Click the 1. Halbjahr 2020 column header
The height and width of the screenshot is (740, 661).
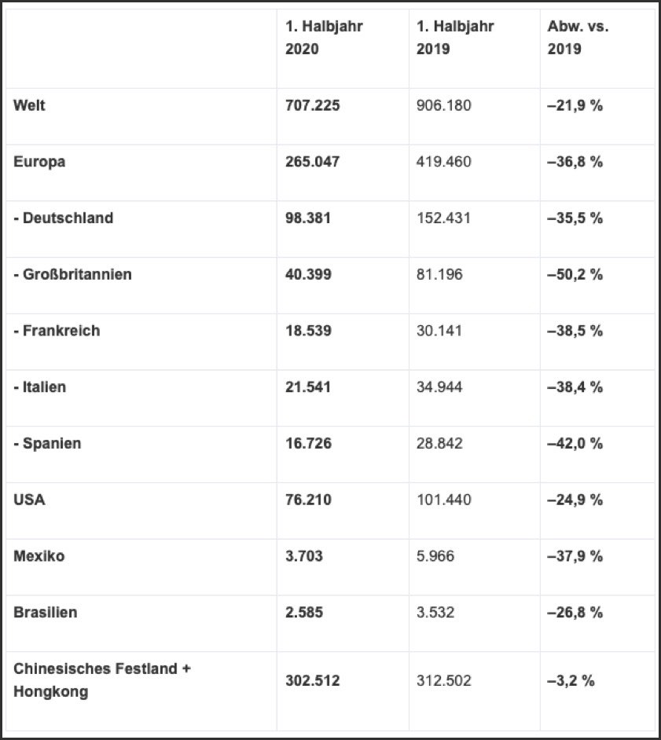(324, 37)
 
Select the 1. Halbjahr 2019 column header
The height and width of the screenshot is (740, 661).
(455, 37)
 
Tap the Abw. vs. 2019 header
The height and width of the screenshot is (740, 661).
(578, 37)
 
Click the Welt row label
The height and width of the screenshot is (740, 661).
(29, 104)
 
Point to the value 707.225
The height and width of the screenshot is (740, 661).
(312, 105)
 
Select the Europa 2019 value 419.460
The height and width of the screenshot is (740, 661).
(444, 162)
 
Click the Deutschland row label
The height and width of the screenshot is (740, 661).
(63, 218)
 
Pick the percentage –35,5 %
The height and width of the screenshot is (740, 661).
(575, 218)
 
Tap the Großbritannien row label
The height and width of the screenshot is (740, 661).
(72, 274)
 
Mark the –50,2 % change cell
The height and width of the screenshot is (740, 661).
(575, 275)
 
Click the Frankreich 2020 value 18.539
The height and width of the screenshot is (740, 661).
(308, 331)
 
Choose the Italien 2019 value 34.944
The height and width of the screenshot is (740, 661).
(439, 387)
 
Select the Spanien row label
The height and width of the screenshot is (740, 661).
(47, 443)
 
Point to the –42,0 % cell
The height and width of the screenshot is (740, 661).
(575, 444)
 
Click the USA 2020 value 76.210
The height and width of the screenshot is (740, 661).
(308, 500)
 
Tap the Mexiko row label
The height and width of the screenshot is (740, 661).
(39, 556)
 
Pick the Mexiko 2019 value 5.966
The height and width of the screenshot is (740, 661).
(435, 557)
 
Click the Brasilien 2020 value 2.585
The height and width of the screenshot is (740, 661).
(303, 613)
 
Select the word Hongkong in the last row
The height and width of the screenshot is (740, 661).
(50, 692)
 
